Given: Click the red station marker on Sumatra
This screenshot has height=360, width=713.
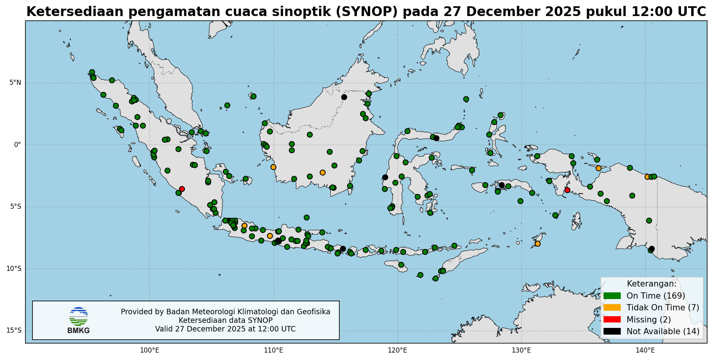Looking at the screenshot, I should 182,189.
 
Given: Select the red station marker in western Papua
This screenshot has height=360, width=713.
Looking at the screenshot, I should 567,190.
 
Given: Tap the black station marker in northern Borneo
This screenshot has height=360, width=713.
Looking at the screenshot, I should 344,97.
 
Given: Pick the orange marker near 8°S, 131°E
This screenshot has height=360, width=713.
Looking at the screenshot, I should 537,244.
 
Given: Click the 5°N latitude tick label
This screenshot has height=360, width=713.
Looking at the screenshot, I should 15,82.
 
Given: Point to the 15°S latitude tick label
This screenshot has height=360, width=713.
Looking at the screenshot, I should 14,331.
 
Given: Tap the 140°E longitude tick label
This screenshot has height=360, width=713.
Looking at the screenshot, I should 645,349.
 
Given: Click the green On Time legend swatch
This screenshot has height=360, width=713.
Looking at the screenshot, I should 612,296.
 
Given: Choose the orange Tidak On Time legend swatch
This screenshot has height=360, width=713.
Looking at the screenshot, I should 612,308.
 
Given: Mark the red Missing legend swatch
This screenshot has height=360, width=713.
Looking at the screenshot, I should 612,319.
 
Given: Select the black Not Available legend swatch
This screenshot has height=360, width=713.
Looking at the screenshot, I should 612,331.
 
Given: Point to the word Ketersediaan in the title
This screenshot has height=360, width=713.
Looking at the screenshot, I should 75,12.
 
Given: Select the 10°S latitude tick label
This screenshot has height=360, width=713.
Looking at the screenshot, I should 14,269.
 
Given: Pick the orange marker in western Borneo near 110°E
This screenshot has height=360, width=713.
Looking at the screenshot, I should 273,167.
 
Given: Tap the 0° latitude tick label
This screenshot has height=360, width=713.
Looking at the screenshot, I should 18,145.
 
